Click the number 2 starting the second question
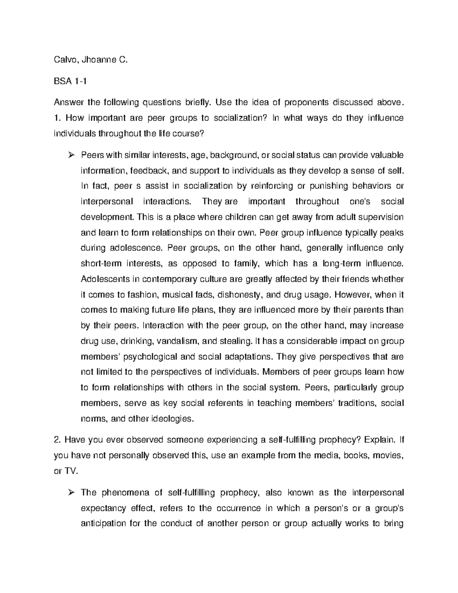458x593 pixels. click(x=56, y=440)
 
